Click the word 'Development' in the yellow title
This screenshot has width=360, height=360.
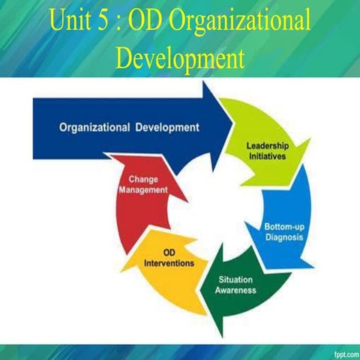[181, 56]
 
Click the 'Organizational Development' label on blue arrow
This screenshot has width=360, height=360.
[129, 127]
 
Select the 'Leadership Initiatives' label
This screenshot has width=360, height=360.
[268, 149]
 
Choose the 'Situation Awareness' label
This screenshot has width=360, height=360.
[237, 285]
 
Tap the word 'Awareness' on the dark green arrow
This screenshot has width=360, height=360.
[237, 290]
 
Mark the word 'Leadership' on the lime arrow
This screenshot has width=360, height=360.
[268, 144]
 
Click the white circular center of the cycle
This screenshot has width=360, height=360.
[217, 210]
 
